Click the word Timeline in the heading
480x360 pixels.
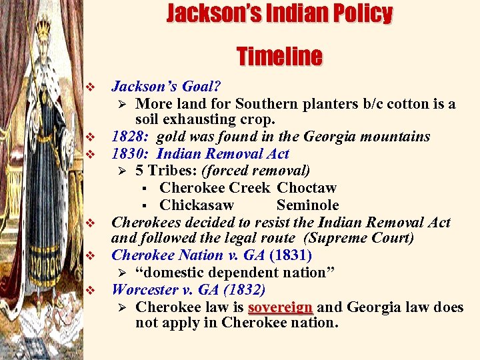(279, 56)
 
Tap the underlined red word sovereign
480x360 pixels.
(280, 307)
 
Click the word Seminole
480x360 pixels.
(307, 205)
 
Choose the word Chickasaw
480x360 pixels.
(197, 205)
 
